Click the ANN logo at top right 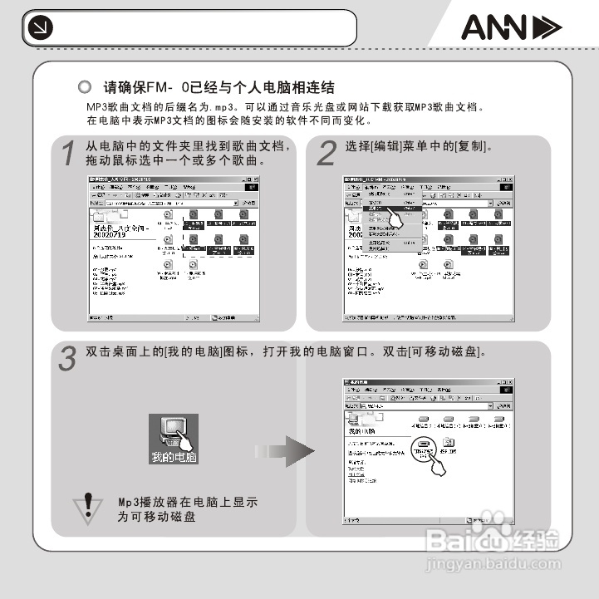[x=510, y=29]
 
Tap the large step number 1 [x=72, y=155]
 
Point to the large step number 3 [x=68, y=358]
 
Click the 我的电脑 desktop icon [x=174, y=437]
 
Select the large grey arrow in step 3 [x=287, y=454]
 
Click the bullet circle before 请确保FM [x=84, y=87]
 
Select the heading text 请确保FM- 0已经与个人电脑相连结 [x=218, y=87]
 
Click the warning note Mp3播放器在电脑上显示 [x=187, y=503]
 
